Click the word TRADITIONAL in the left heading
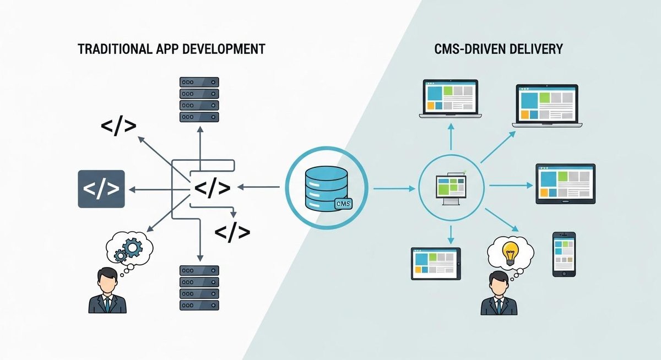pyautogui.click(x=112, y=48)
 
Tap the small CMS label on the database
pyautogui.click(x=343, y=205)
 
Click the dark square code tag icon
pyautogui.click(x=101, y=189)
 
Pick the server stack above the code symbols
pyautogui.click(x=199, y=99)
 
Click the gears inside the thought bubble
pyautogui.click(x=128, y=249)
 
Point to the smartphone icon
pyautogui.click(x=564, y=254)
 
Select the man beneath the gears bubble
pyautogui.click(x=107, y=290)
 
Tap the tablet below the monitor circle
pyautogui.click(x=435, y=263)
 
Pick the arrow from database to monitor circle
pyautogui.click(x=394, y=189)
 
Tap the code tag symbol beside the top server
pyautogui.click(x=118, y=126)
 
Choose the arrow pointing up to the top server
pyautogui.click(x=199, y=146)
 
